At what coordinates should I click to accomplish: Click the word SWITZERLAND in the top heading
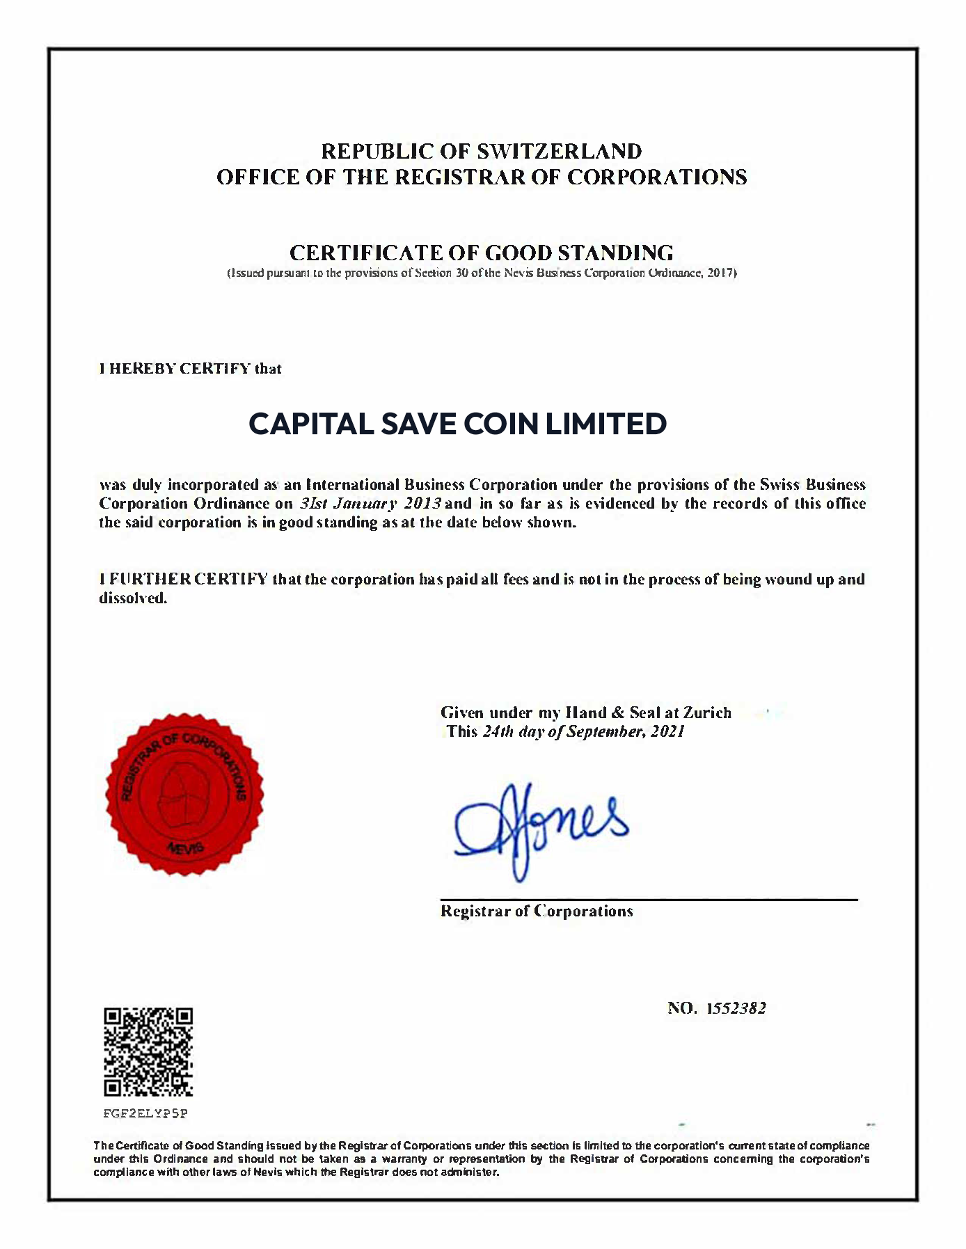(559, 151)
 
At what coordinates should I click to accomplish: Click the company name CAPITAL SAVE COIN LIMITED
(458, 424)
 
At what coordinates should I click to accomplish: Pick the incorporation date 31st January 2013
(370, 503)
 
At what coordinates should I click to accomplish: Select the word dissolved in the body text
(132, 598)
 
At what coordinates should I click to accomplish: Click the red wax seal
(184, 794)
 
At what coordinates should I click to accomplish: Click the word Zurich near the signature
(707, 713)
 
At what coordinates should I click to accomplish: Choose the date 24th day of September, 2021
(583, 731)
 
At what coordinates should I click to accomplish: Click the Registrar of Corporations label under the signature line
(537, 912)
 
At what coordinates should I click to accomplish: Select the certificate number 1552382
(736, 1008)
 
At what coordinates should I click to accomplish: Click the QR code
(148, 1051)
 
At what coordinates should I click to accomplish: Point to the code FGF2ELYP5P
(145, 1113)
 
